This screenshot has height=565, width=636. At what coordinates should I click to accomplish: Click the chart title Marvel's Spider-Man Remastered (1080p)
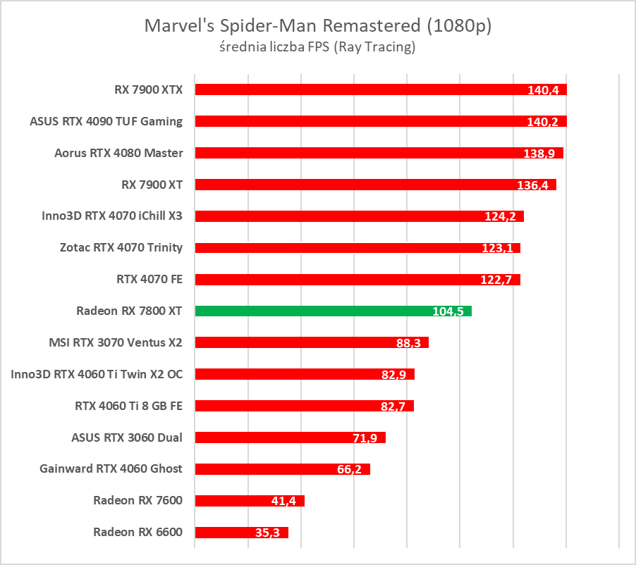[317, 26]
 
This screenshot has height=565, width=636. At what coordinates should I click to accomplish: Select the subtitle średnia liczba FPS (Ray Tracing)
[317, 48]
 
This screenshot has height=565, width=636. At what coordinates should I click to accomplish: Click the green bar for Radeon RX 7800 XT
[333, 311]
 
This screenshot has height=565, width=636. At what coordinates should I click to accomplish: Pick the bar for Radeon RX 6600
[241, 533]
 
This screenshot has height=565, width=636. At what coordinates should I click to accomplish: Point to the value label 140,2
[542, 122]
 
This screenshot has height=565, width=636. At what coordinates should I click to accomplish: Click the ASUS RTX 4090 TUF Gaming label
[106, 121]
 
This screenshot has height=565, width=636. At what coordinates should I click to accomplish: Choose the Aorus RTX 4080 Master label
[118, 153]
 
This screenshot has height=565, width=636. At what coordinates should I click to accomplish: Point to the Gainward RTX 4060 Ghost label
[111, 468]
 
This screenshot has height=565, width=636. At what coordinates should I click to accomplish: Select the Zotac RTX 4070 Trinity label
[121, 247]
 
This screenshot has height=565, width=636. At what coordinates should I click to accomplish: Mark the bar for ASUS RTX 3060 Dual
[290, 437]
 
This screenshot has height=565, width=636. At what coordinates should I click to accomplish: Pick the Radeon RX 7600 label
[137, 500]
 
